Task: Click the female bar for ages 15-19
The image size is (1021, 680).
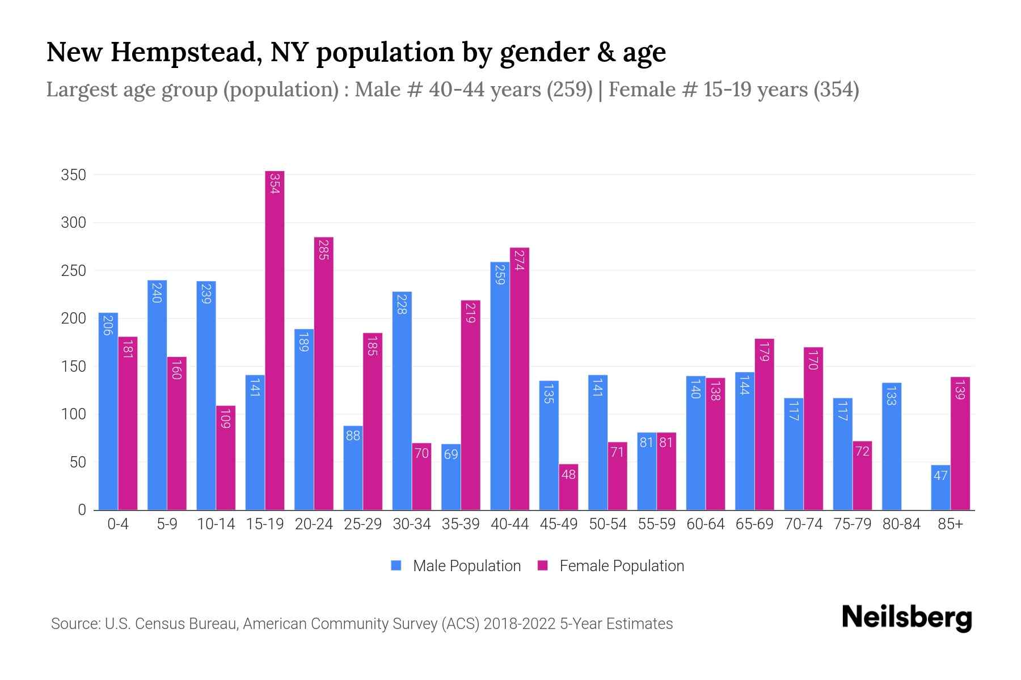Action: [x=275, y=340]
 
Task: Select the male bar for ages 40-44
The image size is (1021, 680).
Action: [x=500, y=385]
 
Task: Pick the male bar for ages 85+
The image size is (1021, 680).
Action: [x=940, y=487]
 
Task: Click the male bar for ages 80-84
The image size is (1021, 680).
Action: [x=892, y=447]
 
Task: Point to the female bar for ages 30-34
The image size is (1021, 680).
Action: [x=421, y=476]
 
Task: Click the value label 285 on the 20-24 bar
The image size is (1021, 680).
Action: [x=323, y=250]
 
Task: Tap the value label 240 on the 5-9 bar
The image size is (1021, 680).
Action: [x=157, y=292]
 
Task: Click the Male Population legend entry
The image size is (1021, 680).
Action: [x=456, y=566]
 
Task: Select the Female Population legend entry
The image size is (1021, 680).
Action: [x=611, y=566]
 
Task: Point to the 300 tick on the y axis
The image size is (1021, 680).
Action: [x=74, y=223]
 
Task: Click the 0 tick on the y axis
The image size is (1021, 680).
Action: [x=82, y=510]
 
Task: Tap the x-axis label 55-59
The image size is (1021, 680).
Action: [x=656, y=524]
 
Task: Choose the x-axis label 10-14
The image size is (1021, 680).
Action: [x=216, y=524]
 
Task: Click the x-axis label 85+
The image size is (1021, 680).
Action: [x=950, y=524]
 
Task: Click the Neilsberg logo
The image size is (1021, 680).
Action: [x=906, y=618]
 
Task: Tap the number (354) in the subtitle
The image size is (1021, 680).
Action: [x=836, y=90]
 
